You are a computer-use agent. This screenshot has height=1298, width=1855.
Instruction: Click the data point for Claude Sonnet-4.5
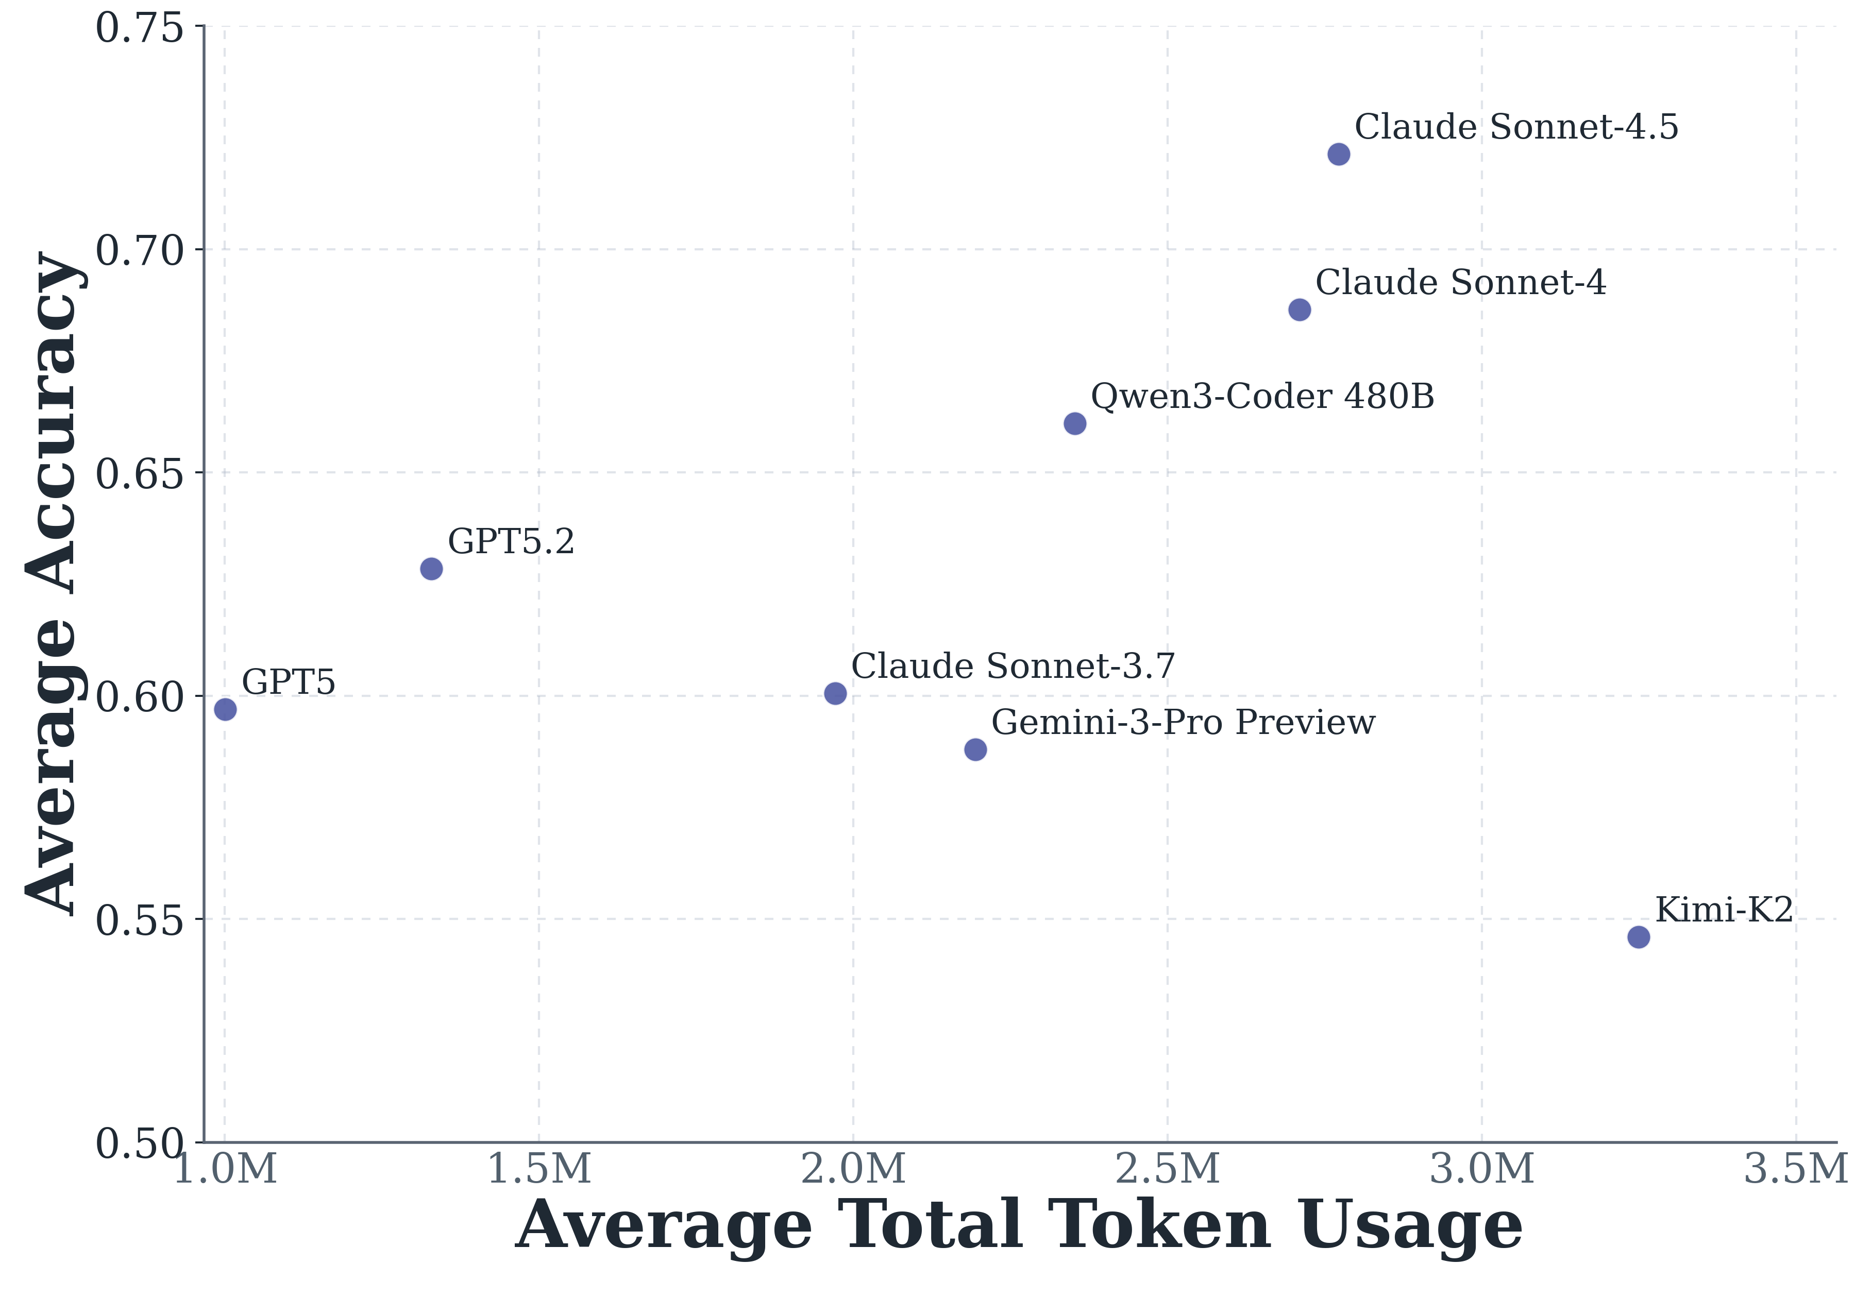click(1339, 155)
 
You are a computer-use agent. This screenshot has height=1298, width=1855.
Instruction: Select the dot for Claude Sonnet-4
click(1299, 310)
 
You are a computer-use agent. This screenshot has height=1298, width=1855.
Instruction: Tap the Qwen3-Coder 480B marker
click(1074, 423)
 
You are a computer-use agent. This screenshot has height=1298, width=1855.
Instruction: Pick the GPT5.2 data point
click(431, 569)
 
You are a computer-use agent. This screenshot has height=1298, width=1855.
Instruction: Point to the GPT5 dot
click(225, 709)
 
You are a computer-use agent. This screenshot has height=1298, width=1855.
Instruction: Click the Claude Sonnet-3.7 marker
click(835, 693)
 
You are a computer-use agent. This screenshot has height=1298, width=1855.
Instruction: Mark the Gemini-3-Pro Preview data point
click(975, 749)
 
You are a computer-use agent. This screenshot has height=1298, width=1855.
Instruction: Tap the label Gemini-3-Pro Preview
click(1183, 722)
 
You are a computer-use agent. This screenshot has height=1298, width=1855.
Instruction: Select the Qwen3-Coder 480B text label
click(1262, 397)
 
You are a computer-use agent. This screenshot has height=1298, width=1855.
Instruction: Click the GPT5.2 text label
click(511, 541)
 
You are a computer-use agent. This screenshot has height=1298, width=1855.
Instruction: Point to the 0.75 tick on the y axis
click(140, 29)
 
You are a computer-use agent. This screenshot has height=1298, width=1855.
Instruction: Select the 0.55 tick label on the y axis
click(140, 921)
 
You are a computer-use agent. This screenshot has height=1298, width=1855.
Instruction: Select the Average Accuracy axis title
click(53, 583)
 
